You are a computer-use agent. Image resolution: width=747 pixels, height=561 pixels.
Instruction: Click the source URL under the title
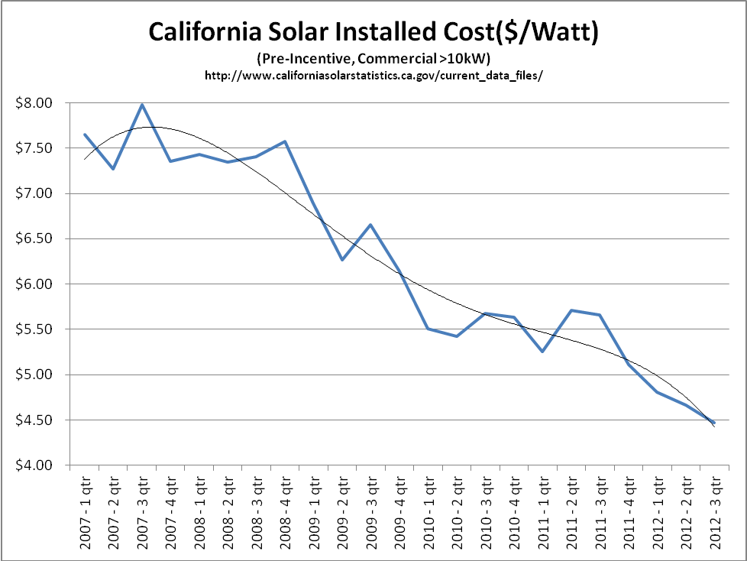pyautogui.click(x=373, y=76)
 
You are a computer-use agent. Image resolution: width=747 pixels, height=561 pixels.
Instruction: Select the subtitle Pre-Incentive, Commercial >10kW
pyautogui.click(x=373, y=60)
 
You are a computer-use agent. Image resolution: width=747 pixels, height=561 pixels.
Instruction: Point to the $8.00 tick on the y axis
pyautogui.click(x=50, y=103)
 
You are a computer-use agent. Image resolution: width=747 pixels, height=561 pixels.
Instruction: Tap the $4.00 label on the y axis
pyautogui.click(x=50, y=465)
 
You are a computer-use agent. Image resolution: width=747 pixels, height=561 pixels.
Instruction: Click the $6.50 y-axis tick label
pyautogui.click(x=50, y=238)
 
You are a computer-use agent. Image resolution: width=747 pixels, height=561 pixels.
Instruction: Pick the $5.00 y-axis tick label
pyautogui.click(x=50, y=375)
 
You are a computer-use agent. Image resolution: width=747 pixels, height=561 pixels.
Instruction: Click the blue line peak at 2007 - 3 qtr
pyautogui.click(x=142, y=105)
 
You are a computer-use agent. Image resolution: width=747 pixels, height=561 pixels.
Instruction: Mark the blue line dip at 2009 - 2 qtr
pyautogui.click(x=342, y=260)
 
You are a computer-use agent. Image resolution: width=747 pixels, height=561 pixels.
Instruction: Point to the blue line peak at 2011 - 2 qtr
pyautogui.click(x=571, y=310)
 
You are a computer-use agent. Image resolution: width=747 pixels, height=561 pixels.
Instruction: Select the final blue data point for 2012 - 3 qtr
pyautogui.click(x=713, y=423)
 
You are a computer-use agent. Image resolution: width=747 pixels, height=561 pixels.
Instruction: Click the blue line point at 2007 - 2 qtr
pyautogui.click(x=113, y=169)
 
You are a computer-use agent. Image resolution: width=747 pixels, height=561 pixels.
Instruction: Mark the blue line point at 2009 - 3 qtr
pyautogui.click(x=370, y=225)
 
